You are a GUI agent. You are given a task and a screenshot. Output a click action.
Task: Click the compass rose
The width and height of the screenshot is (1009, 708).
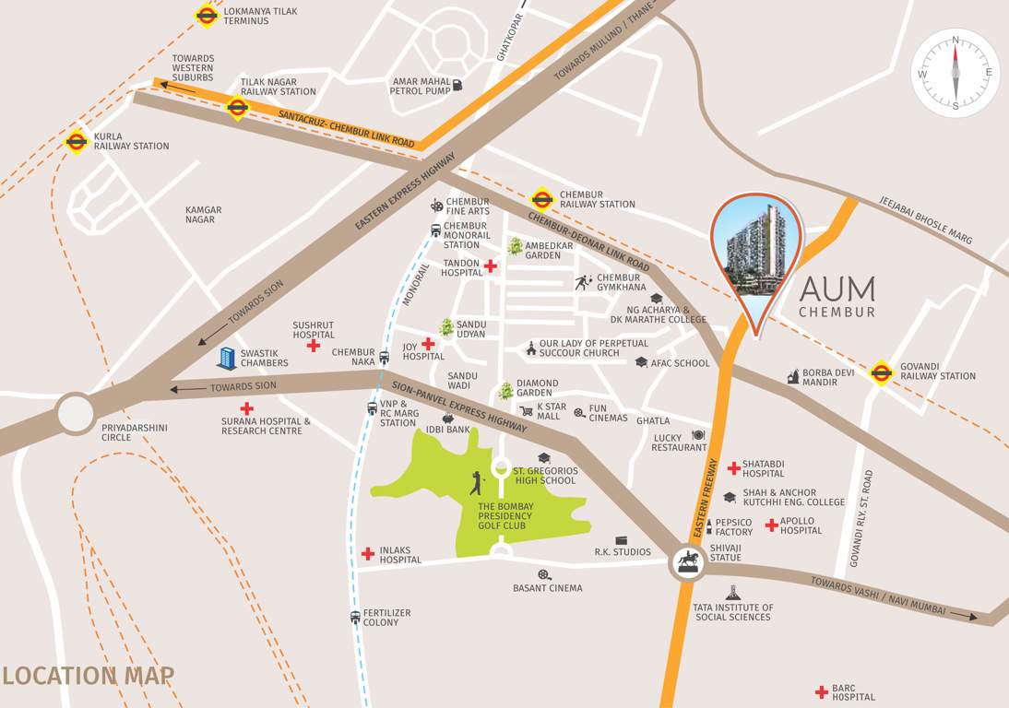[956, 72]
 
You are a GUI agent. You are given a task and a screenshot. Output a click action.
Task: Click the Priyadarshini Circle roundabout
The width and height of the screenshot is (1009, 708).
[76, 413]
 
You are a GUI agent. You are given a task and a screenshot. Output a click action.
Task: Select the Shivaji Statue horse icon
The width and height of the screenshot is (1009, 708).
[687, 561]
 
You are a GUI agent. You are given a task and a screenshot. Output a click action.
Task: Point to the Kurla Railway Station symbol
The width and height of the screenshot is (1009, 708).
[76, 140]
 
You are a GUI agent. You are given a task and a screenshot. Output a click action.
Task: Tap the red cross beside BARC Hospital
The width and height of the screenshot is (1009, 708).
[820, 691]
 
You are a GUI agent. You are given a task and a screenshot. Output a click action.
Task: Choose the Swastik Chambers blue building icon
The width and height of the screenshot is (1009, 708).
[226, 358]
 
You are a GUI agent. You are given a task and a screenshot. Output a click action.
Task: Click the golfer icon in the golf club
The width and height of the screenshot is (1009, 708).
[476, 483]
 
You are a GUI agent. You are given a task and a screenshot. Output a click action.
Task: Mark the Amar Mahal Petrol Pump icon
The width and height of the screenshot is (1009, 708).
[457, 86]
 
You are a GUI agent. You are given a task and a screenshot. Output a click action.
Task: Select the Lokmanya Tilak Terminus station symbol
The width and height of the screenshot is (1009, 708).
[206, 15]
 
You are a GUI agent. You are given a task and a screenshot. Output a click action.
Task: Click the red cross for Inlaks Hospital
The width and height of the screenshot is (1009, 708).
[368, 553]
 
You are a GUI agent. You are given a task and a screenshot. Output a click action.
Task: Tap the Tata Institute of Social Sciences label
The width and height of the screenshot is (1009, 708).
[733, 612]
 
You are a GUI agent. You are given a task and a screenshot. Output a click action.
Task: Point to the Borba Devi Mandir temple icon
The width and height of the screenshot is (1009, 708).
[792, 376]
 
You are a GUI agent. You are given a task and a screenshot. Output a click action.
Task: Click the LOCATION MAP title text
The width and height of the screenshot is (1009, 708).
[88, 676]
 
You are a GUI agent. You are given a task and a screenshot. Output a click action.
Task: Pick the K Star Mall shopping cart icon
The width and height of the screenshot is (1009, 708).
[526, 411]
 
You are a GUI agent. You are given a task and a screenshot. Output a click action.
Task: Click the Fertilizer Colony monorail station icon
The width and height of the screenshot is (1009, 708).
[354, 618]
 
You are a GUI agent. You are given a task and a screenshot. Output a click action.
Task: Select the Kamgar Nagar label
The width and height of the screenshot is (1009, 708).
[203, 215]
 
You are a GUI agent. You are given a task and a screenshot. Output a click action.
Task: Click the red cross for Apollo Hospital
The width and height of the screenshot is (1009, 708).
[771, 525]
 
